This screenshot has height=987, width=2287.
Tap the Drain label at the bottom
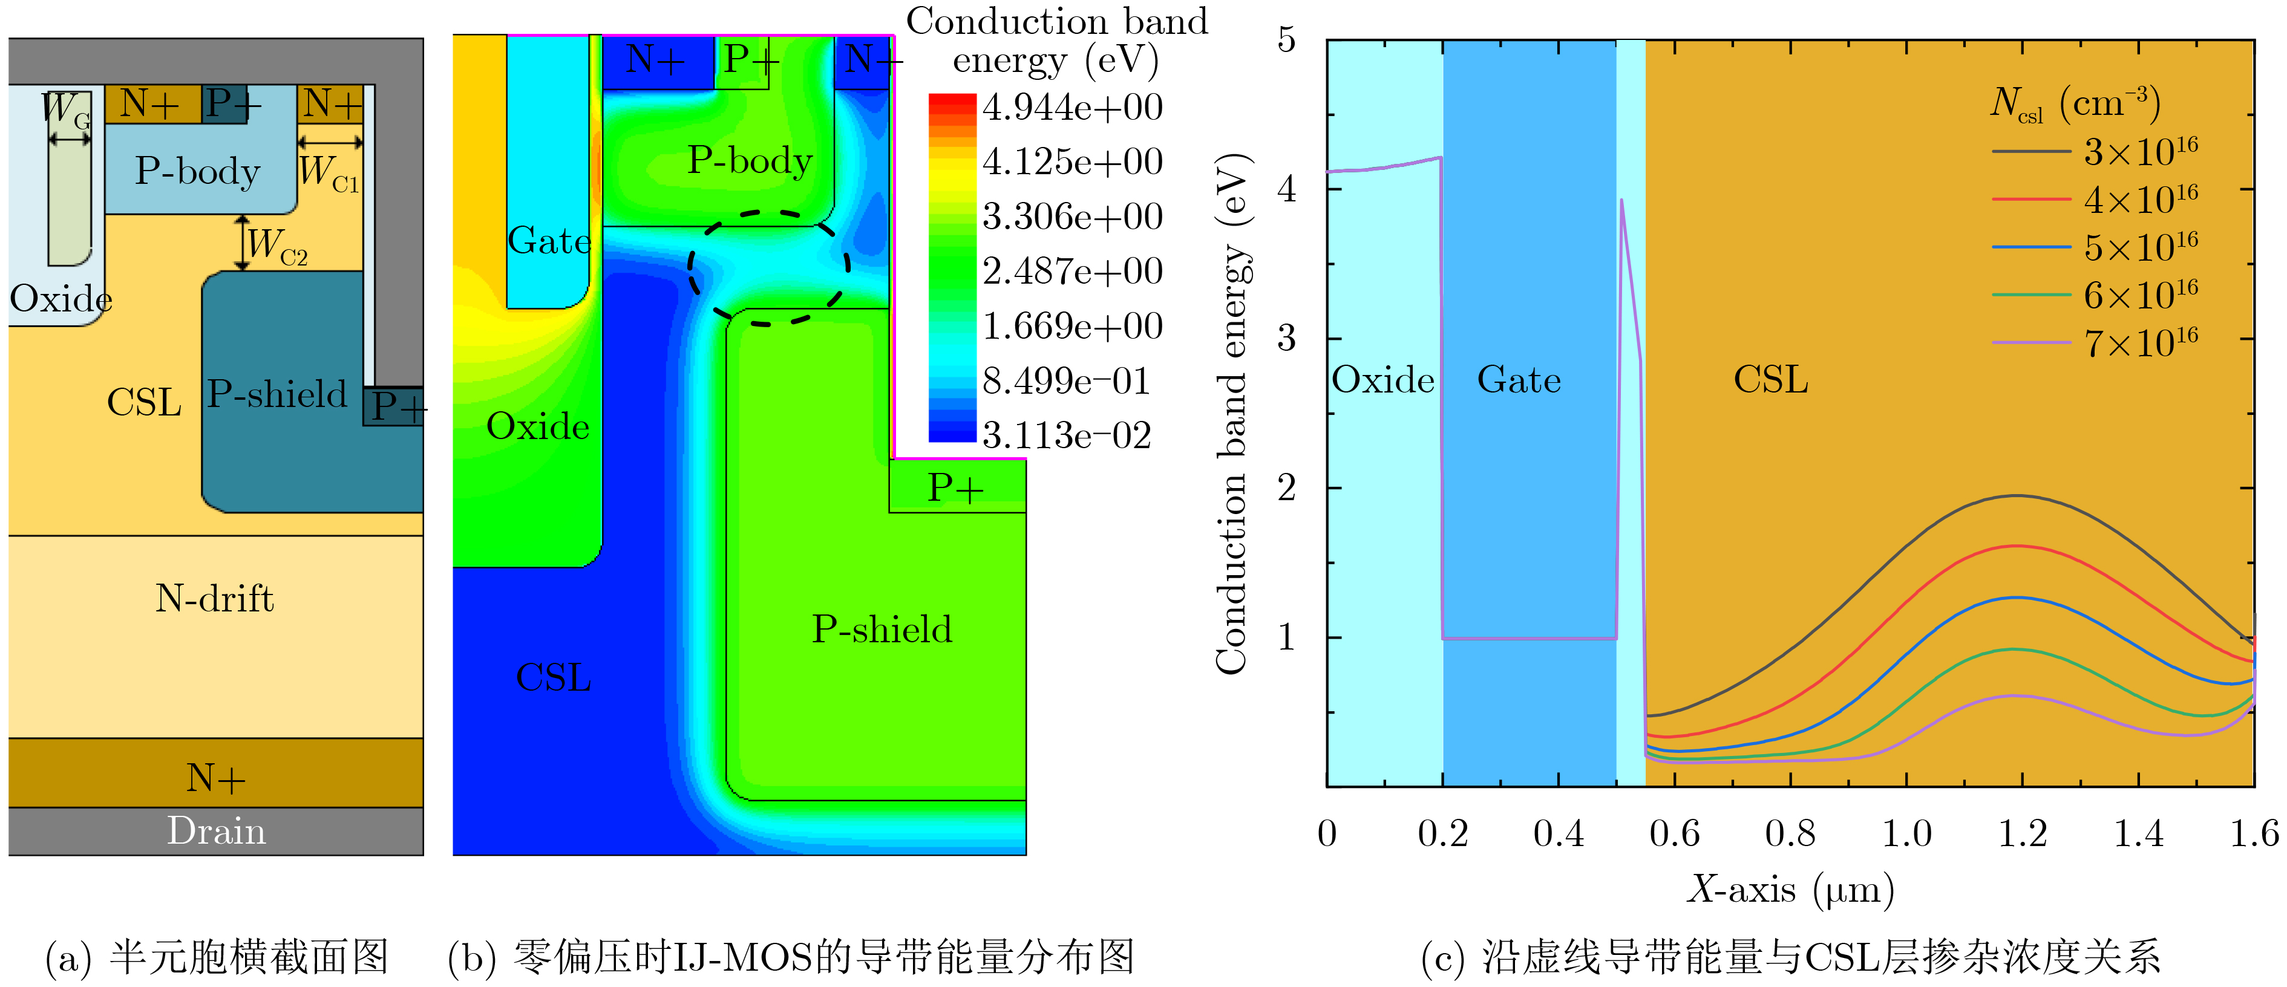pos(217,831)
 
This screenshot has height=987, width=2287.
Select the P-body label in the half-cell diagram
pos(197,171)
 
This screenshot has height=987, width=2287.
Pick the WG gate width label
pos(65,109)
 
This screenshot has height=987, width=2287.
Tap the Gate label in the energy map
pos(549,241)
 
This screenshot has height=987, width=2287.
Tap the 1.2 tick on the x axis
pos(2023,833)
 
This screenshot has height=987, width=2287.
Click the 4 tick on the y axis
pos(1286,189)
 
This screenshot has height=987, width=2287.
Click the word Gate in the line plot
pos(1519,380)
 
